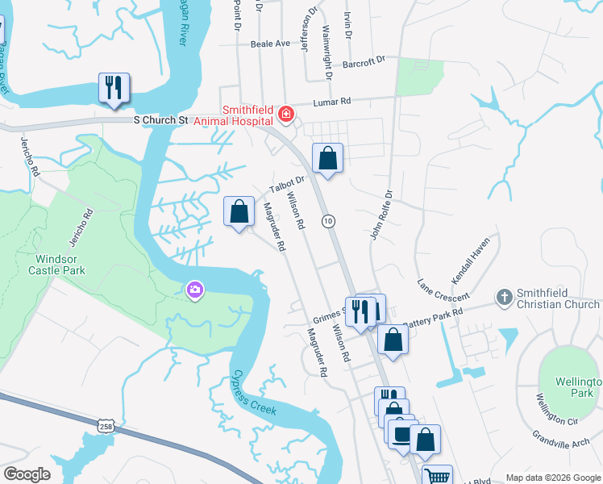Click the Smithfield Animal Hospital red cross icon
(x=285, y=115)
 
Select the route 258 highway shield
(x=106, y=424)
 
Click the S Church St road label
(x=160, y=120)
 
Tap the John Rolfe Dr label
(x=381, y=215)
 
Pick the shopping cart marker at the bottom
(x=437, y=477)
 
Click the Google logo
(x=27, y=474)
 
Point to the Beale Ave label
(x=269, y=44)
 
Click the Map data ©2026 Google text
(x=552, y=478)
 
